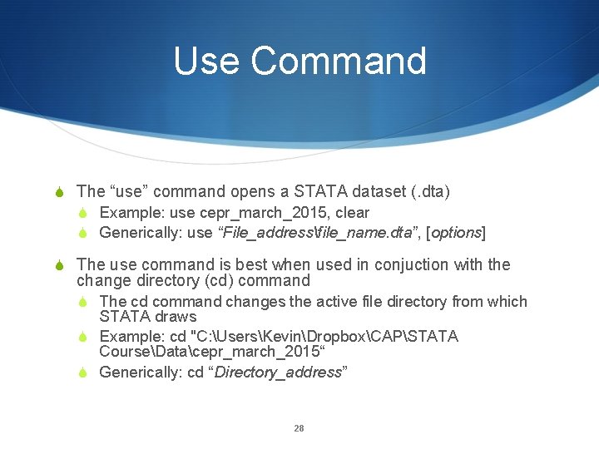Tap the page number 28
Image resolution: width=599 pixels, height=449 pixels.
coord(299,428)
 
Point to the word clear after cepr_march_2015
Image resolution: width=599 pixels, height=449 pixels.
coord(352,213)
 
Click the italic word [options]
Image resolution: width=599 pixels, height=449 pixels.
coord(456,233)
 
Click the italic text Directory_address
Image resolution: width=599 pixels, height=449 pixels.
coord(278,373)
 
